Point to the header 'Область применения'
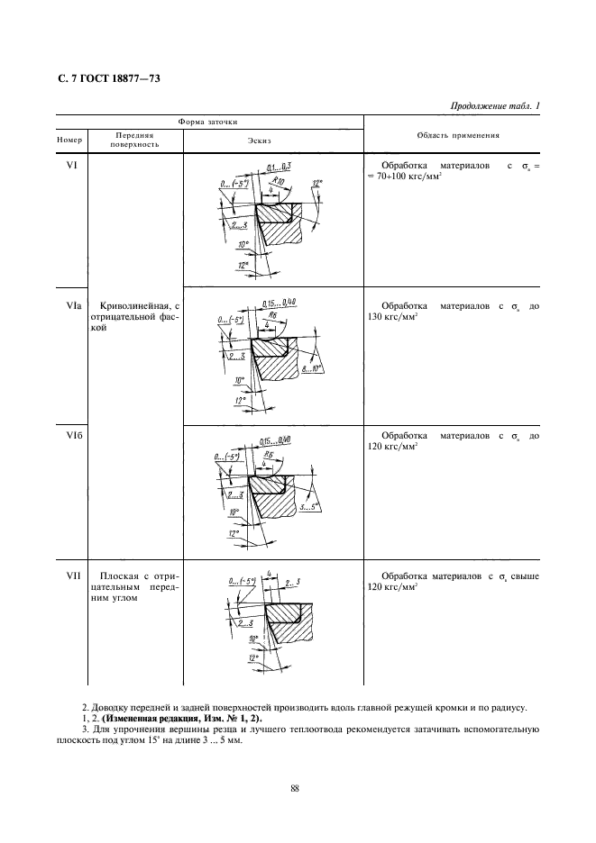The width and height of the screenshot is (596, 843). coord(459,135)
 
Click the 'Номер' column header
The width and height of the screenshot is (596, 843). coord(69,140)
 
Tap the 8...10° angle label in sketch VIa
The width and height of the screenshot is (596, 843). coord(312,369)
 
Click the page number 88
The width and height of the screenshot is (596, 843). coord(295,790)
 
